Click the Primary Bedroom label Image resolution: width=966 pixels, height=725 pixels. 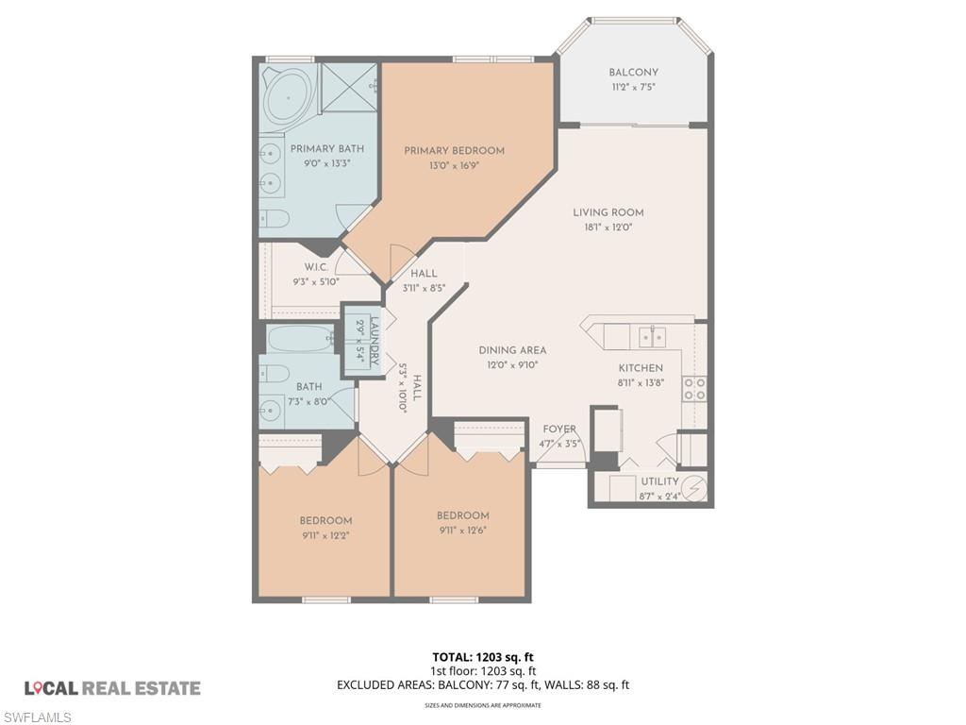pos(454,150)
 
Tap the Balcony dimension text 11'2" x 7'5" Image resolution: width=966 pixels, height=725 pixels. pos(633,87)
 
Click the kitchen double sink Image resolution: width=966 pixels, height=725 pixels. pos(651,335)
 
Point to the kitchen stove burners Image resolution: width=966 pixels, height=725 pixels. pos(694,389)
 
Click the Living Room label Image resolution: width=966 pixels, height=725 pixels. pos(608,212)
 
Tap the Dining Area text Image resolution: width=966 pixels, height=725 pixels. pos(512,350)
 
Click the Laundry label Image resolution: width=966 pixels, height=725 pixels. pos(375,341)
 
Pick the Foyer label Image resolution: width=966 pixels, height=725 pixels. pos(559,430)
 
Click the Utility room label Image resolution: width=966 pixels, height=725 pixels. pos(659,481)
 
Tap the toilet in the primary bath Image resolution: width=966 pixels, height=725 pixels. pos(274,219)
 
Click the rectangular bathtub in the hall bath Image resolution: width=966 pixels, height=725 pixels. pos(300,338)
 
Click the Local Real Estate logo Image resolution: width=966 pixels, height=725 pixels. pos(112,688)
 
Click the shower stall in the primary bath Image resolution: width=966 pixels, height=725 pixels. pos(348,88)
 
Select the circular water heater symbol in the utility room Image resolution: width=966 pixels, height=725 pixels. pos(695,488)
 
